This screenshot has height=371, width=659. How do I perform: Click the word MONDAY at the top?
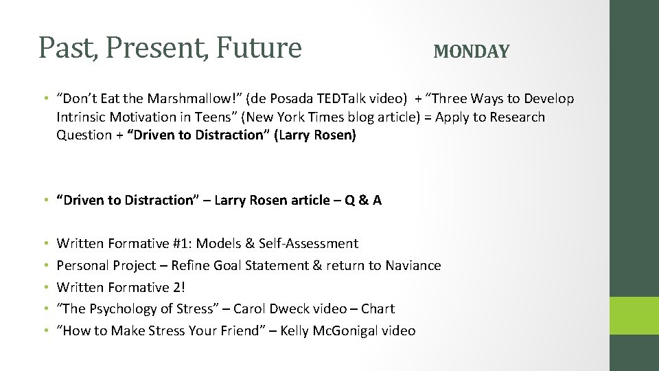click(472, 52)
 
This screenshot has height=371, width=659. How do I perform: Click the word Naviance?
click(413, 265)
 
